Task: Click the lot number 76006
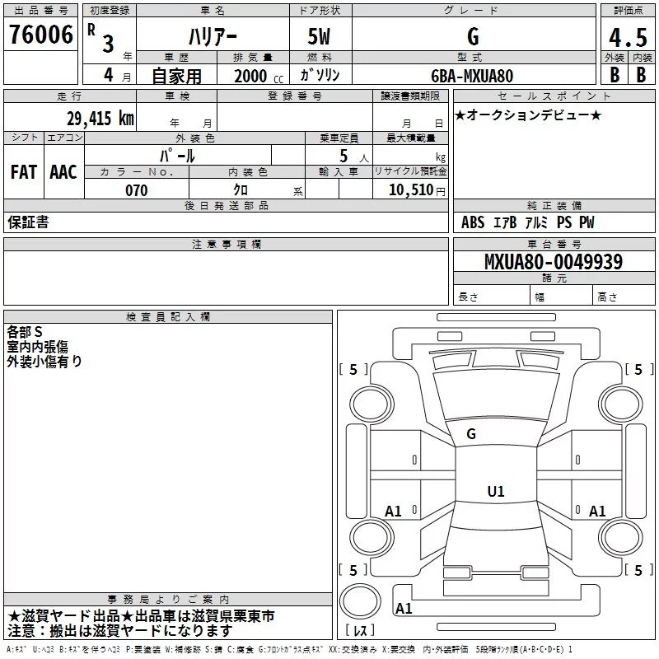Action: click(41, 35)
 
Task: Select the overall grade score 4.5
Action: click(628, 38)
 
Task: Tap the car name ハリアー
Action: click(212, 38)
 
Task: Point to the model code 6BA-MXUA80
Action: click(472, 76)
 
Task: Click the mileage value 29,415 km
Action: click(100, 118)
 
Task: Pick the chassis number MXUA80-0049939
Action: click(554, 262)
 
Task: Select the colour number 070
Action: click(136, 190)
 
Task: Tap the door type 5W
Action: click(320, 38)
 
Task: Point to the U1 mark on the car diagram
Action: click(495, 492)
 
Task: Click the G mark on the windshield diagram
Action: click(471, 434)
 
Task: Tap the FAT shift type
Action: click(23, 171)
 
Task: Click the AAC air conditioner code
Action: click(63, 171)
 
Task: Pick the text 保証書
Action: click(28, 222)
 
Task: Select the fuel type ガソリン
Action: click(320, 76)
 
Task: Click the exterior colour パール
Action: click(177, 156)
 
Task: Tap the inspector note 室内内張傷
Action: click(39, 347)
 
